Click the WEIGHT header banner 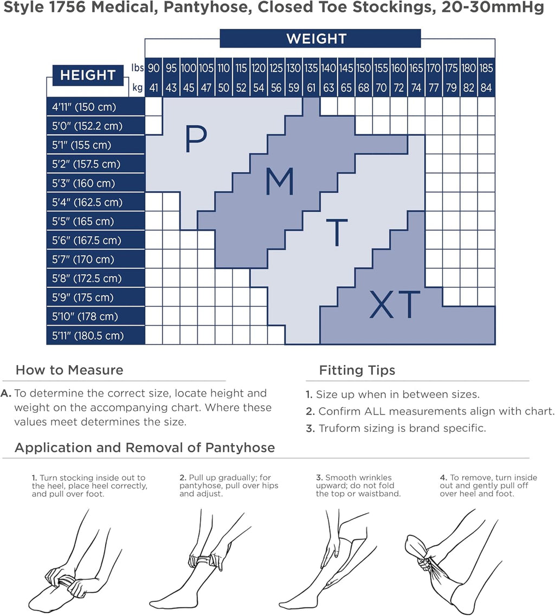[320, 38]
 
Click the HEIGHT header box [88, 75]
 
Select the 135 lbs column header [311, 68]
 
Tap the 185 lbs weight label [486, 68]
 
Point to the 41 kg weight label [154, 88]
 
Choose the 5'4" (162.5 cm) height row [95, 202]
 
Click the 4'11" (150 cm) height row [95, 107]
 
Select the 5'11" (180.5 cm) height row [95, 335]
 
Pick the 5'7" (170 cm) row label [83, 260]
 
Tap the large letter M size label [280, 181]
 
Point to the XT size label [395, 304]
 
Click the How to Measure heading [69, 370]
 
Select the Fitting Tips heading [357, 370]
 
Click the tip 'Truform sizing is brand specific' [396, 428]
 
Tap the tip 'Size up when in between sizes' [392, 394]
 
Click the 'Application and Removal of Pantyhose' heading [145, 448]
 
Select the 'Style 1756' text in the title [44, 7]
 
